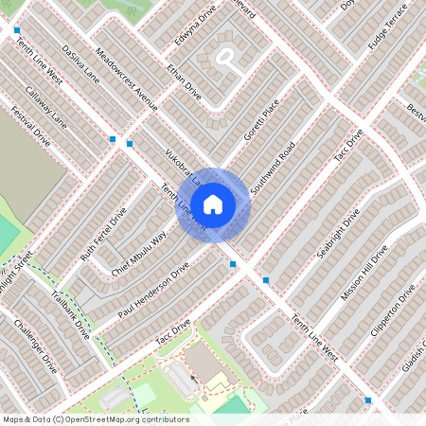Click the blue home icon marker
tap(213, 204)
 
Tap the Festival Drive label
tap(29, 124)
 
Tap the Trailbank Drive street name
tap(70, 313)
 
